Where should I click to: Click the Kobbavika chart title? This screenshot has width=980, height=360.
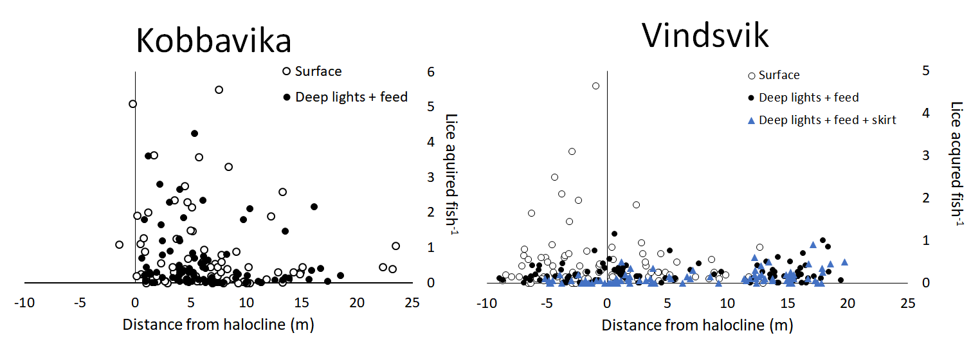point(213,41)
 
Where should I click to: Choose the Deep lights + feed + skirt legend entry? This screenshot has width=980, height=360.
point(827,120)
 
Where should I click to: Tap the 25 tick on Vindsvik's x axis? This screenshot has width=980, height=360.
point(907,302)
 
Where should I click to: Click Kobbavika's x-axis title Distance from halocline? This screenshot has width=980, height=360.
point(218,325)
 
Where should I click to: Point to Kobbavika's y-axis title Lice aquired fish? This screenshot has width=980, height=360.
point(451,175)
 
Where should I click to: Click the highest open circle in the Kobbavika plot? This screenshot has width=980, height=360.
point(219,90)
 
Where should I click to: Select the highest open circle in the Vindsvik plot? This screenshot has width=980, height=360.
point(595,85)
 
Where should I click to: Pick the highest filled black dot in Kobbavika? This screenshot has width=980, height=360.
point(194,134)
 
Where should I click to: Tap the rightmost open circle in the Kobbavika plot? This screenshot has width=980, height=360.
point(395,246)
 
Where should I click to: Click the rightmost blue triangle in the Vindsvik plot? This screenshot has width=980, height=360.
point(844,262)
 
